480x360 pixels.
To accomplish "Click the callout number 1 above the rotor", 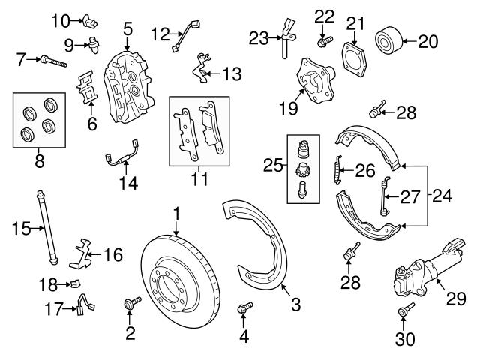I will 177,215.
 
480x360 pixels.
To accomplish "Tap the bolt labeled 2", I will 133,304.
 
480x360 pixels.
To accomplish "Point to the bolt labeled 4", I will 244,307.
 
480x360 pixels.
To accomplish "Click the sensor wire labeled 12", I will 182,37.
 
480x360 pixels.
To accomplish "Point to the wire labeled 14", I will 120,158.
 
